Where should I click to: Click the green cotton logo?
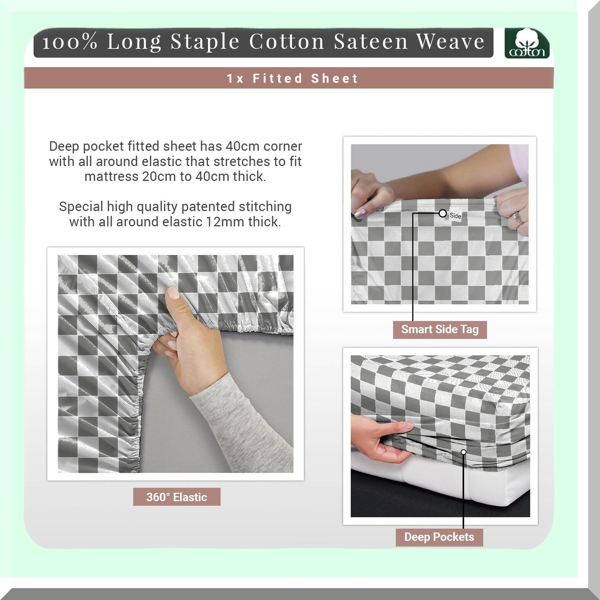click(x=527, y=43)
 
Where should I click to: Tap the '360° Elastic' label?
click(x=176, y=497)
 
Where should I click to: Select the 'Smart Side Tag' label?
click(x=440, y=330)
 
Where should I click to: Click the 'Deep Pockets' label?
click(x=439, y=537)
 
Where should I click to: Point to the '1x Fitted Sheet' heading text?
click(x=292, y=78)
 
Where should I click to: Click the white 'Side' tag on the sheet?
click(x=455, y=216)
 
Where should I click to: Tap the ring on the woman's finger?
click(x=517, y=216)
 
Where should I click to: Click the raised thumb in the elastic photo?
click(x=173, y=299)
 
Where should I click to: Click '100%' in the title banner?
click(x=70, y=42)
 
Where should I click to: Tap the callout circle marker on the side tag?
click(x=443, y=213)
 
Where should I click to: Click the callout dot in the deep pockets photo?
click(x=463, y=452)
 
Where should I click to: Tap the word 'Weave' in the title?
click(x=451, y=42)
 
